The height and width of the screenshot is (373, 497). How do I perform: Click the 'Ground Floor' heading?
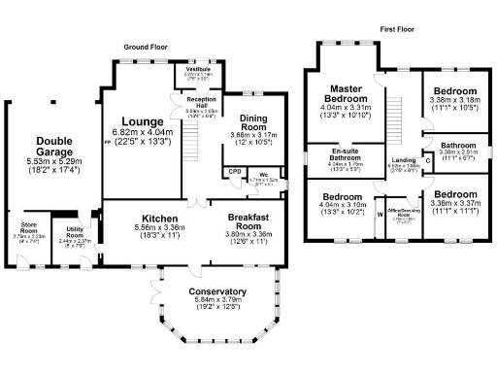click(x=146, y=48)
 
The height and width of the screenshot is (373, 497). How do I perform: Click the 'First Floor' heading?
click(x=399, y=30)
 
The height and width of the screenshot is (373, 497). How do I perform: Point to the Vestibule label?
click(x=197, y=69)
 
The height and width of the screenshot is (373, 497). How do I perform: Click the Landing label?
click(x=404, y=161)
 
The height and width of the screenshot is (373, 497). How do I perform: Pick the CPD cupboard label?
click(x=234, y=172)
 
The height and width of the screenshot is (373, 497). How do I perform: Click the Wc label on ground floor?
click(x=263, y=174)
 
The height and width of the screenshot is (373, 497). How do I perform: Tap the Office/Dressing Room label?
click(x=401, y=211)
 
